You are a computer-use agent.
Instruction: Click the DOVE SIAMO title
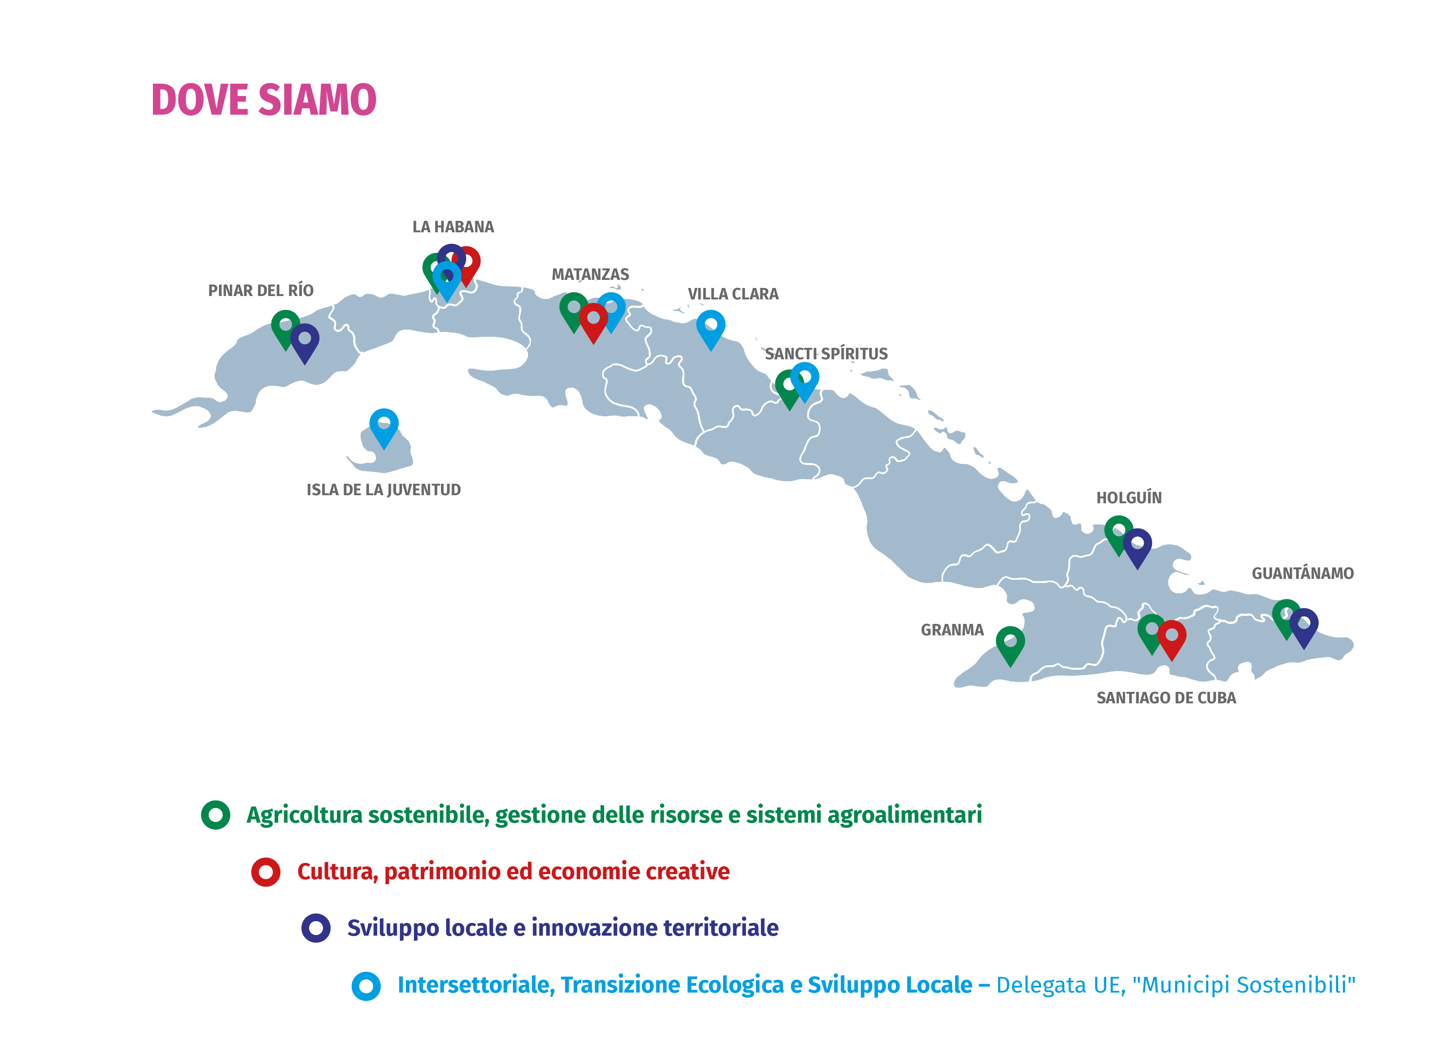click(x=264, y=100)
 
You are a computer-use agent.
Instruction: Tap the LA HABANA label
click(x=453, y=227)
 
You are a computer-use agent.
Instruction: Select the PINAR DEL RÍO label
click(x=260, y=291)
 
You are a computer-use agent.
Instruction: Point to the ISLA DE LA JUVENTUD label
click(x=383, y=490)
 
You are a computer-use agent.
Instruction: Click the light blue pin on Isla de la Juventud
click(x=384, y=425)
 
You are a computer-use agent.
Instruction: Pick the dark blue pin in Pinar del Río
click(x=305, y=340)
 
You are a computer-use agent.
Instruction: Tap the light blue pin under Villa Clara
click(x=711, y=327)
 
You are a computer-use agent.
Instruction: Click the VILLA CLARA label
click(x=733, y=294)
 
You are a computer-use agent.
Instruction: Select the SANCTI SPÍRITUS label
click(x=826, y=354)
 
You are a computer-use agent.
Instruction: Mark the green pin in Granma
click(x=1010, y=643)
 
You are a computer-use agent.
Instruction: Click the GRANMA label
click(x=952, y=630)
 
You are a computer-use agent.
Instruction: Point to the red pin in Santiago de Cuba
click(x=1172, y=637)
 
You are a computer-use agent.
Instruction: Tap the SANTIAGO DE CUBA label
click(x=1166, y=698)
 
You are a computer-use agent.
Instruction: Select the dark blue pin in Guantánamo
click(x=1304, y=625)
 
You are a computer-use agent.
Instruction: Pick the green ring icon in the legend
click(x=215, y=815)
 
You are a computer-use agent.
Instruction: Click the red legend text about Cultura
click(x=513, y=872)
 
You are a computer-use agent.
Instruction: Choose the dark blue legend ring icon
click(x=316, y=928)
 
